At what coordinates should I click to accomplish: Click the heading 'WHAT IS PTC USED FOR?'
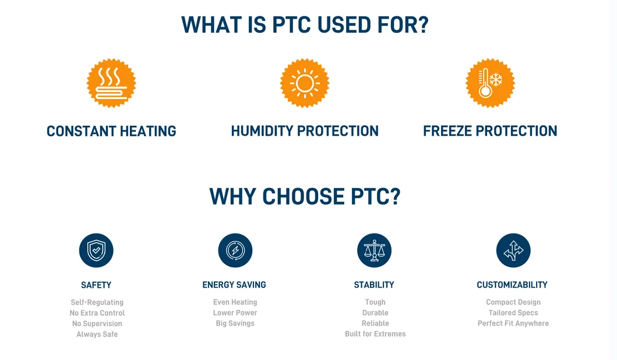tap(305, 25)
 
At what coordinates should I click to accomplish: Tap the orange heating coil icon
tap(111, 83)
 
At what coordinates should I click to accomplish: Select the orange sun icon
tap(305, 83)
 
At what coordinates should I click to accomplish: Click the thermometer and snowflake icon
tap(490, 83)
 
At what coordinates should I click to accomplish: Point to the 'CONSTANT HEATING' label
tap(111, 131)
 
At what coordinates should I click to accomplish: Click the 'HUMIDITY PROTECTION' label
tap(305, 131)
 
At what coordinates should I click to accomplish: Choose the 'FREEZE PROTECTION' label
tap(490, 131)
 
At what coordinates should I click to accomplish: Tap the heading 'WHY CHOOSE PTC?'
tap(305, 196)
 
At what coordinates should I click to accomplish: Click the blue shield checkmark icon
tap(96, 250)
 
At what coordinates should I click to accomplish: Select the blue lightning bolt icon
tap(235, 250)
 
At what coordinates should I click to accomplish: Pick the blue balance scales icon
tap(374, 250)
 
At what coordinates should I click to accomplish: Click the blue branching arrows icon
tap(513, 250)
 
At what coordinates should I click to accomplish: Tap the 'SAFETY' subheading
tap(96, 285)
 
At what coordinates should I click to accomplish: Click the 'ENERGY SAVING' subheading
tap(234, 285)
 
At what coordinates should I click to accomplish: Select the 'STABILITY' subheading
tap(374, 285)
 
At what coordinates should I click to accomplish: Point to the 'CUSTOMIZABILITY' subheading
tap(512, 285)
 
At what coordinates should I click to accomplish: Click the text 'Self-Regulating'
tap(97, 302)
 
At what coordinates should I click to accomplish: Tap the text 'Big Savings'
tap(235, 323)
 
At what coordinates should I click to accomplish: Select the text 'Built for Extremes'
tap(375, 334)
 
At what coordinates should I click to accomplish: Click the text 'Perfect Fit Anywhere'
tap(513, 323)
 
